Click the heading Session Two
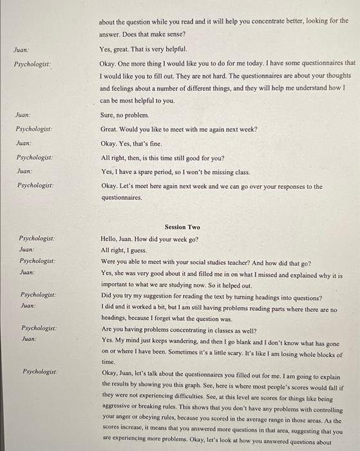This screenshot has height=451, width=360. [182, 227]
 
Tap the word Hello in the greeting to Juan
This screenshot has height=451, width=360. [110, 238]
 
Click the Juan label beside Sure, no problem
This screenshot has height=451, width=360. [23, 115]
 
